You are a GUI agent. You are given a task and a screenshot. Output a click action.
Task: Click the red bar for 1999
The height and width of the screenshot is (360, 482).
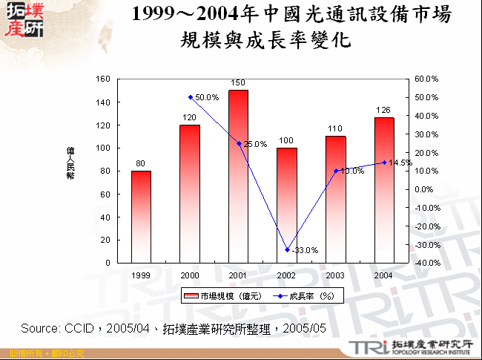pos(141,217)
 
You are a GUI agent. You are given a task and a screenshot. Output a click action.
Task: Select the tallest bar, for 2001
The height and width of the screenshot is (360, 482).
pos(238,177)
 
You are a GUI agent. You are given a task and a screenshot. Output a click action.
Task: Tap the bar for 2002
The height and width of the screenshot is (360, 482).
pos(286,205)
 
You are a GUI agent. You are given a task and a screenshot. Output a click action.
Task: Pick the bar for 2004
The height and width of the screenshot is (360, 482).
pos(383,190)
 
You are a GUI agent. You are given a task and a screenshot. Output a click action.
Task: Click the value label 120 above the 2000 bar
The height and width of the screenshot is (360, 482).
pos(190,117)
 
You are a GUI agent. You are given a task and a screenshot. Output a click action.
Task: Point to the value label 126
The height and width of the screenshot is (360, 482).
pos(383,111)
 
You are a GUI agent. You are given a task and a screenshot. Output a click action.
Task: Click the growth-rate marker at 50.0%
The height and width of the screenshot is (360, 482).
pos(190,97)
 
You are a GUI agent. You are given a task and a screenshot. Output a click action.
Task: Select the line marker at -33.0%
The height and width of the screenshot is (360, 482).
pos(287,249)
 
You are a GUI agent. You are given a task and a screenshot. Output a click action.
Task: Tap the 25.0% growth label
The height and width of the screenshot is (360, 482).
pos(255,144)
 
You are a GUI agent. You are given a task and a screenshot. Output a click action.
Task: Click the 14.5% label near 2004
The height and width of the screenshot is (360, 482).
pos(400,163)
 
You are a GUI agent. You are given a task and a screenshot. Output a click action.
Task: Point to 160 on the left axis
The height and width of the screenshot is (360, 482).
pos(103,79)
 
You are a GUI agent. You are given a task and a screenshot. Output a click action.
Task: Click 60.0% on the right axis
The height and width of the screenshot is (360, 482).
pos(426,79)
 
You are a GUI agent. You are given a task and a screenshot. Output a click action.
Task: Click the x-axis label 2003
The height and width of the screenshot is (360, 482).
pos(335,275)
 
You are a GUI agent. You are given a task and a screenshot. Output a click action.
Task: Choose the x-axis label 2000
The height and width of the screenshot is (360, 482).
pos(190,275)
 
